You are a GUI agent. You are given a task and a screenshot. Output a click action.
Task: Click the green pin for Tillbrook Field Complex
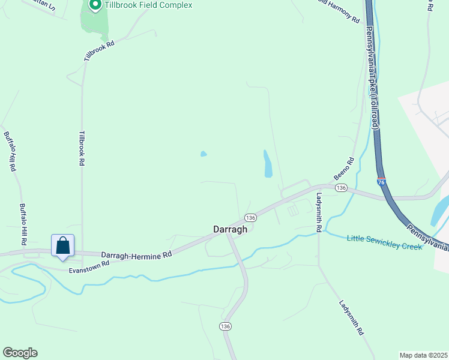(94, 5)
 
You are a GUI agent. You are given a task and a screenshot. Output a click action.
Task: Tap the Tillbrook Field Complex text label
(148, 5)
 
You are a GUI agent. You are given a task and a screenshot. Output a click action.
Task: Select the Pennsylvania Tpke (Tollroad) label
(373, 79)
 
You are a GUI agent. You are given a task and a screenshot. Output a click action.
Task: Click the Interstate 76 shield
(381, 181)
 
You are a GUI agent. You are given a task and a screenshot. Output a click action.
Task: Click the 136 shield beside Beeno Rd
(341, 188)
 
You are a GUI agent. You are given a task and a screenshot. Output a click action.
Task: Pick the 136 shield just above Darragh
(250, 217)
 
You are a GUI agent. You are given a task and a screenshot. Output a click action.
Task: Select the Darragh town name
(231, 229)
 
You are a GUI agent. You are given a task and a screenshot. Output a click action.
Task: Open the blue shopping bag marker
(63, 245)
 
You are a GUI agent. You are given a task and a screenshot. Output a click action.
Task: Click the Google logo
(20, 353)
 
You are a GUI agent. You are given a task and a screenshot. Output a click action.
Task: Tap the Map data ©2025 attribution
(423, 355)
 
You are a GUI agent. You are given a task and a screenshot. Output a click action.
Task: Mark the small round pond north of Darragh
(203, 154)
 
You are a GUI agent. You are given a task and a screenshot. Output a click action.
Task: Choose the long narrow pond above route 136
(267, 163)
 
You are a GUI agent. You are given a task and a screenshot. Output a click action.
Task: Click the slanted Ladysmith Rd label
(351, 317)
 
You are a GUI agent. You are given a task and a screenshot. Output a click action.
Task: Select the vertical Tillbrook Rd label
(82, 148)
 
